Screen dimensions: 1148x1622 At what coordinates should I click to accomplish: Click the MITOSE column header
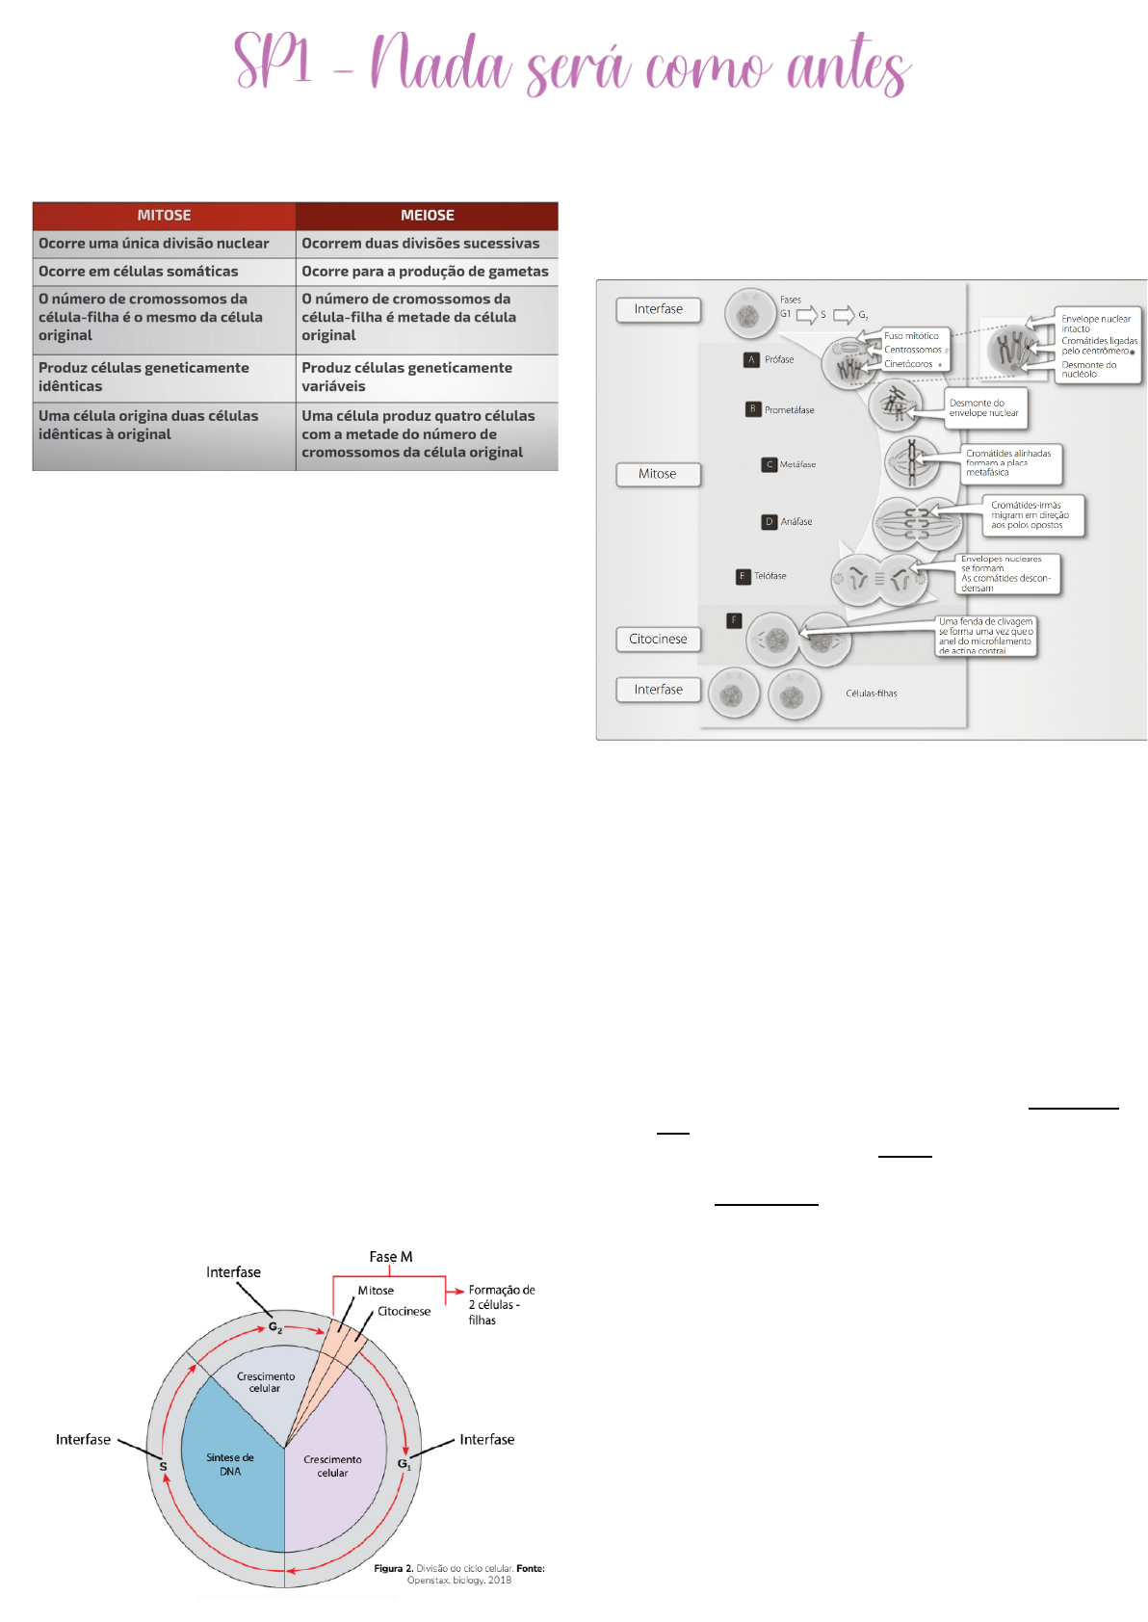(164, 216)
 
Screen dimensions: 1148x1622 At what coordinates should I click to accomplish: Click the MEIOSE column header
(427, 216)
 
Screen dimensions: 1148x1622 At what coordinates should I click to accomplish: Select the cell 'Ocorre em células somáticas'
(139, 272)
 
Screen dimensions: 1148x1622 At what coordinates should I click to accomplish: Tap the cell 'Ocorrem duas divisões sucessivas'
(421, 244)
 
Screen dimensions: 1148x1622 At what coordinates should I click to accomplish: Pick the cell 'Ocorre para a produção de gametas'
(425, 272)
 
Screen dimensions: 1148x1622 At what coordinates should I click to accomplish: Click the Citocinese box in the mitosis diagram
(658, 639)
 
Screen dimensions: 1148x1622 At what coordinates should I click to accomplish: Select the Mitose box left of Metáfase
(658, 474)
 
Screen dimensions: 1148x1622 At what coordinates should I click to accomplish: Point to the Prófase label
(779, 360)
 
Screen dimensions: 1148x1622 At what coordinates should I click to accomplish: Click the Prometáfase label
(789, 410)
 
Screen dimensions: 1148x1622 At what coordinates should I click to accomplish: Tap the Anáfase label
(796, 522)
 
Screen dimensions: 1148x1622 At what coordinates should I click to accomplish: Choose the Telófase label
(770, 576)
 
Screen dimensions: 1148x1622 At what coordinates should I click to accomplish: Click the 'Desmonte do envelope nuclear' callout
(984, 408)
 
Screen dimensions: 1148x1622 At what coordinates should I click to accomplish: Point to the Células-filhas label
(871, 693)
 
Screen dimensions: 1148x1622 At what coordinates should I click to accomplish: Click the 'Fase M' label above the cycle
(391, 1257)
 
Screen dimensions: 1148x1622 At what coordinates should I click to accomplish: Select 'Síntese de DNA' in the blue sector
(230, 1464)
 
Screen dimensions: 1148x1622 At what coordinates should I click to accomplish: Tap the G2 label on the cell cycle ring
(275, 1327)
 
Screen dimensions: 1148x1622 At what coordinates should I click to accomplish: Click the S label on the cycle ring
(163, 1467)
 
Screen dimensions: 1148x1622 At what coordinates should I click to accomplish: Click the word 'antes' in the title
(848, 67)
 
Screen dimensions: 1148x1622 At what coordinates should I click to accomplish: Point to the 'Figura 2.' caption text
(393, 1569)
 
